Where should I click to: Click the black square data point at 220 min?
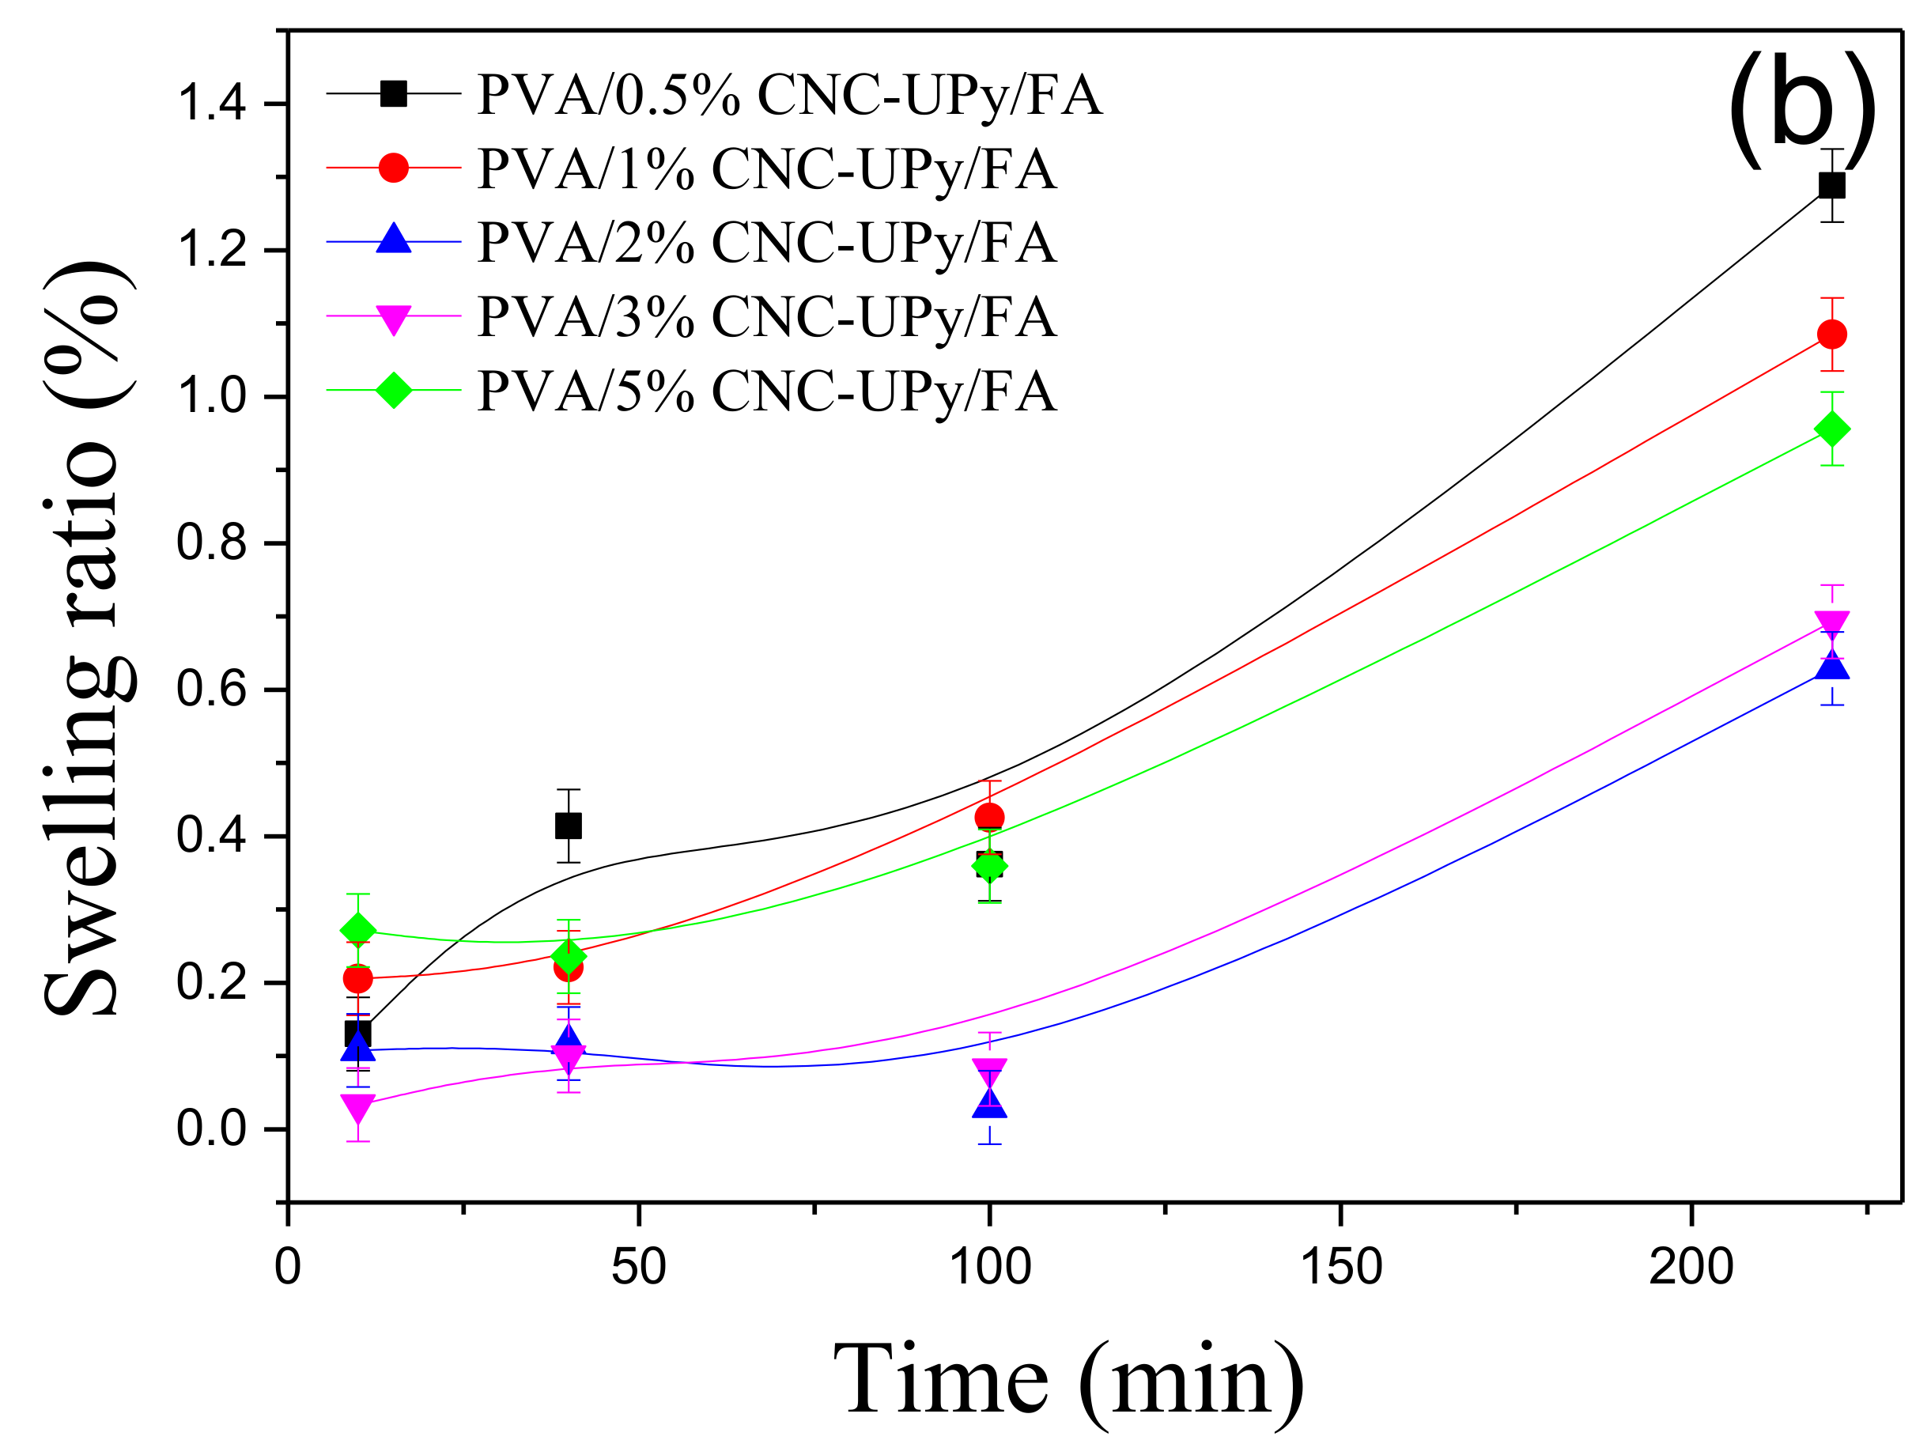click(1831, 186)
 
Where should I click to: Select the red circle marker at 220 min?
click(1831, 335)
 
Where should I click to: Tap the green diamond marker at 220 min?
click(1831, 429)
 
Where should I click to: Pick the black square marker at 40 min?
click(569, 826)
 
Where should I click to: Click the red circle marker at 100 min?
click(989, 818)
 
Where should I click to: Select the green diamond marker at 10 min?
click(358, 931)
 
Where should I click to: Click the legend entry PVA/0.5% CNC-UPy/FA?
click(788, 94)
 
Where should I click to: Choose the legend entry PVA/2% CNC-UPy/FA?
click(766, 242)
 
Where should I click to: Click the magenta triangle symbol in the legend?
click(394, 319)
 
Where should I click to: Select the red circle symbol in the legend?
click(394, 168)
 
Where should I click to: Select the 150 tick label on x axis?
click(1341, 1266)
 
